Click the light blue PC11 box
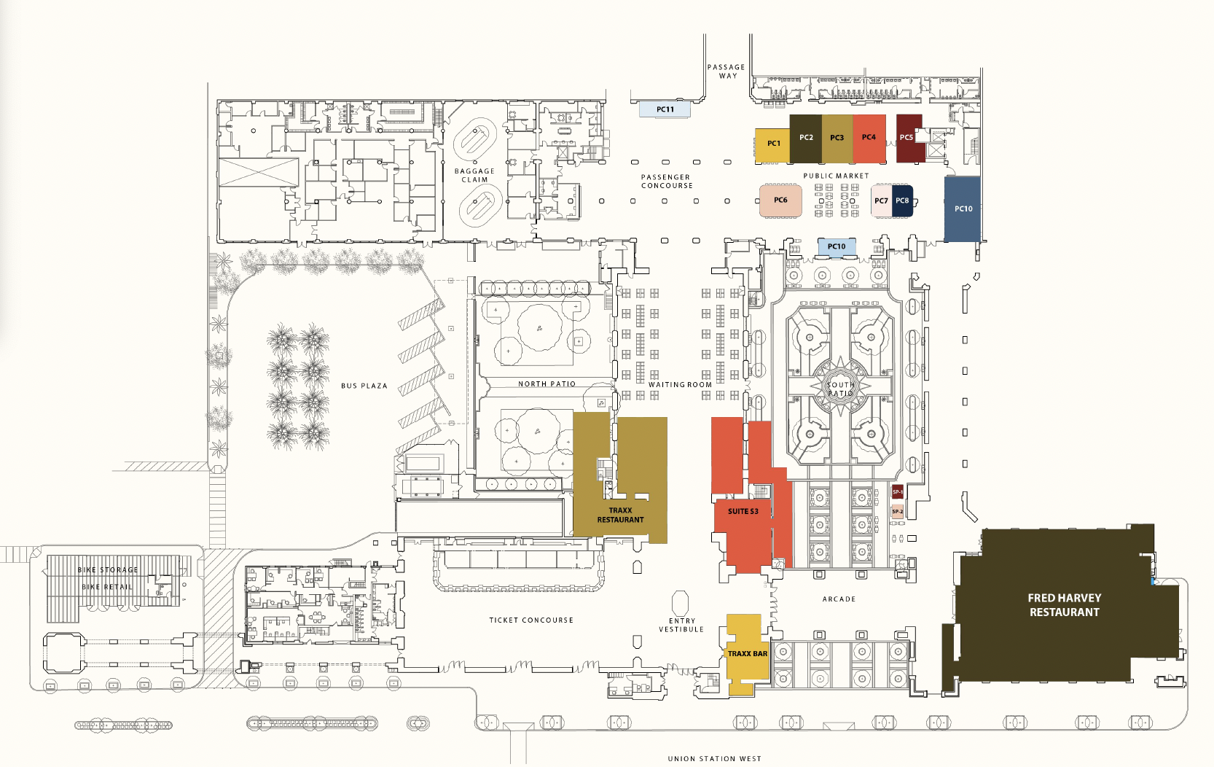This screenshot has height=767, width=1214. (x=665, y=109)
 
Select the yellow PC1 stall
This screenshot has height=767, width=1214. (x=772, y=144)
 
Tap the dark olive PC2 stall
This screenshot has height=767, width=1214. (x=805, y=138)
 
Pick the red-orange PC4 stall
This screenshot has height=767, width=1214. (x=869, y=138)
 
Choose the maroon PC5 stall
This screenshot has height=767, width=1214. (x=907, y=138)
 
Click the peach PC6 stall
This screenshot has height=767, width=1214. (x=780, y=200)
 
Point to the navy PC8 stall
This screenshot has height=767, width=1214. (x=903, y=201)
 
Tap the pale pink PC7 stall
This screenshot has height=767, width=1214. (x=881, y=201)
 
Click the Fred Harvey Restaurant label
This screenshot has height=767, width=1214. (x=1064, y=605)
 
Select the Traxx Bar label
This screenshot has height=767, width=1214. (x=748, y=654)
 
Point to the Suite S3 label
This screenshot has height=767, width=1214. (x=743, y=511)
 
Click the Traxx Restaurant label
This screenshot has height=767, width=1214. (x=620, y=515)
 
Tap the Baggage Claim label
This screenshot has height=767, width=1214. (x=474, y=176)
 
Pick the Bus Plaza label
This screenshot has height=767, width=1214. (x=364, y=386)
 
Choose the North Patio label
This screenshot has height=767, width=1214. (x=547, y=384)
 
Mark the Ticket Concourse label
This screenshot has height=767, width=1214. (x=531, y=620)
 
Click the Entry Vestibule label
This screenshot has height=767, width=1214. (x=681, y=625)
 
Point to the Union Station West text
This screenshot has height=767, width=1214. (x=714, y=758)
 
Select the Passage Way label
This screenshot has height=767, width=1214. (x=727, y=71)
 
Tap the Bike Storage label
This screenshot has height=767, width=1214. (x=108, y=570)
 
